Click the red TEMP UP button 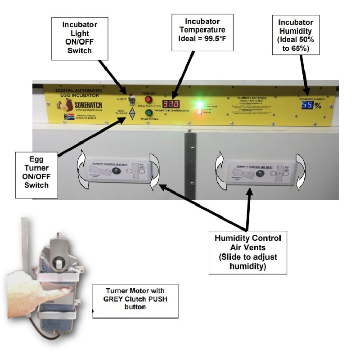point(148,99)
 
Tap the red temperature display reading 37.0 point(171,104)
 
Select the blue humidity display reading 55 point(307,105)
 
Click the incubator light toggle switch point(132,98)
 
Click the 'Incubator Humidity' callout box point(296,35)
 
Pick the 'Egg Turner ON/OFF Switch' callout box point(36,175)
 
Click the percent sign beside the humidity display point(318,105)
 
